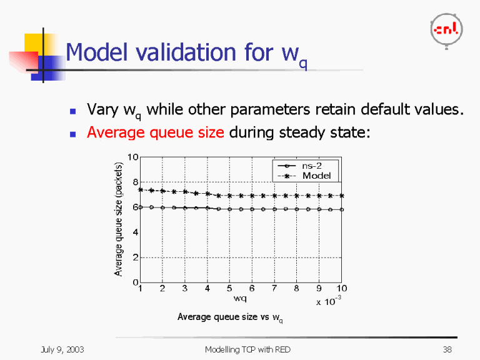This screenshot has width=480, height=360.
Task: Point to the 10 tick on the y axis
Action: click(x=133, y=157)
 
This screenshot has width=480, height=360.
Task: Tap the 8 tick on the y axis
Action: click(x=135, y=182)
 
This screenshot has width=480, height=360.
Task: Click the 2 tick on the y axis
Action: click(x=135, y=257)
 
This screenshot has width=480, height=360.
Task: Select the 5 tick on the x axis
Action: click(x=229, y=289)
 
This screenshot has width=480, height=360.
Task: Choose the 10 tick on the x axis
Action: click(x=342, y=289)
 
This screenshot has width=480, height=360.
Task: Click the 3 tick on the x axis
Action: click(x=184, y=289)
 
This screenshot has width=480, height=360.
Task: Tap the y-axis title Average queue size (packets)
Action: click(x=118, y=219)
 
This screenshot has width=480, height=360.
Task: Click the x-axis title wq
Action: click(x=240, y=298)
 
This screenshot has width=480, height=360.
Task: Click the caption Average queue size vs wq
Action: click(x=230, y=317)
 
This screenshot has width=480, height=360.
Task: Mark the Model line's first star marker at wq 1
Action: click(x=141, y=189)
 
